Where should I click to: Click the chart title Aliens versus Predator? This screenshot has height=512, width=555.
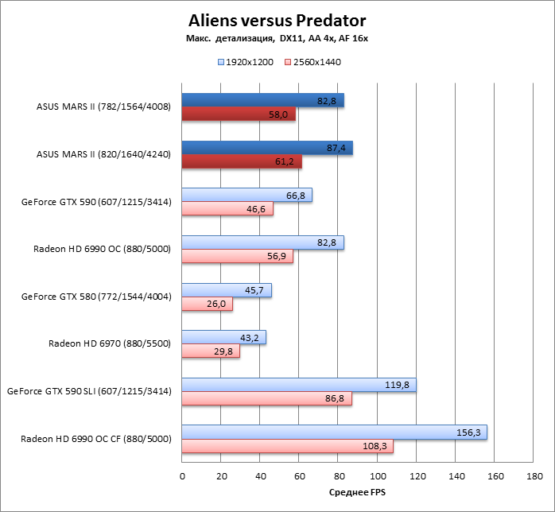point(277,19)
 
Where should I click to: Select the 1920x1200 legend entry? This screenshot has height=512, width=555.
point(246,62)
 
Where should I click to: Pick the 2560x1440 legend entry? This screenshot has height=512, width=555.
point(312,62)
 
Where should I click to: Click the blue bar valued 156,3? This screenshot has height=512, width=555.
point(334,432)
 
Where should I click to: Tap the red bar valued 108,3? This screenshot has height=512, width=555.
point(287,446)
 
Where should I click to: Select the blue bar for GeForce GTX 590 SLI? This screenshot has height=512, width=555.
point(298,385)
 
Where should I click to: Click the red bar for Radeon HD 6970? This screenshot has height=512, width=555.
point(211,351)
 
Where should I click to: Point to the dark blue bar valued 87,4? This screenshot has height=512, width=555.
point(267,148)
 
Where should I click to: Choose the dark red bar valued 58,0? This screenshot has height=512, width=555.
point(239,114)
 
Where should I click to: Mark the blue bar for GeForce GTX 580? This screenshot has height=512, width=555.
point(227,290)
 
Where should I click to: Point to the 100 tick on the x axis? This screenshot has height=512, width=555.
point(378,476)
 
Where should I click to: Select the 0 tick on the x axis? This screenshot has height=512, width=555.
point(182,476)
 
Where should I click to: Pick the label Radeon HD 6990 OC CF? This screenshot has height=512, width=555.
point(96,439)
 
